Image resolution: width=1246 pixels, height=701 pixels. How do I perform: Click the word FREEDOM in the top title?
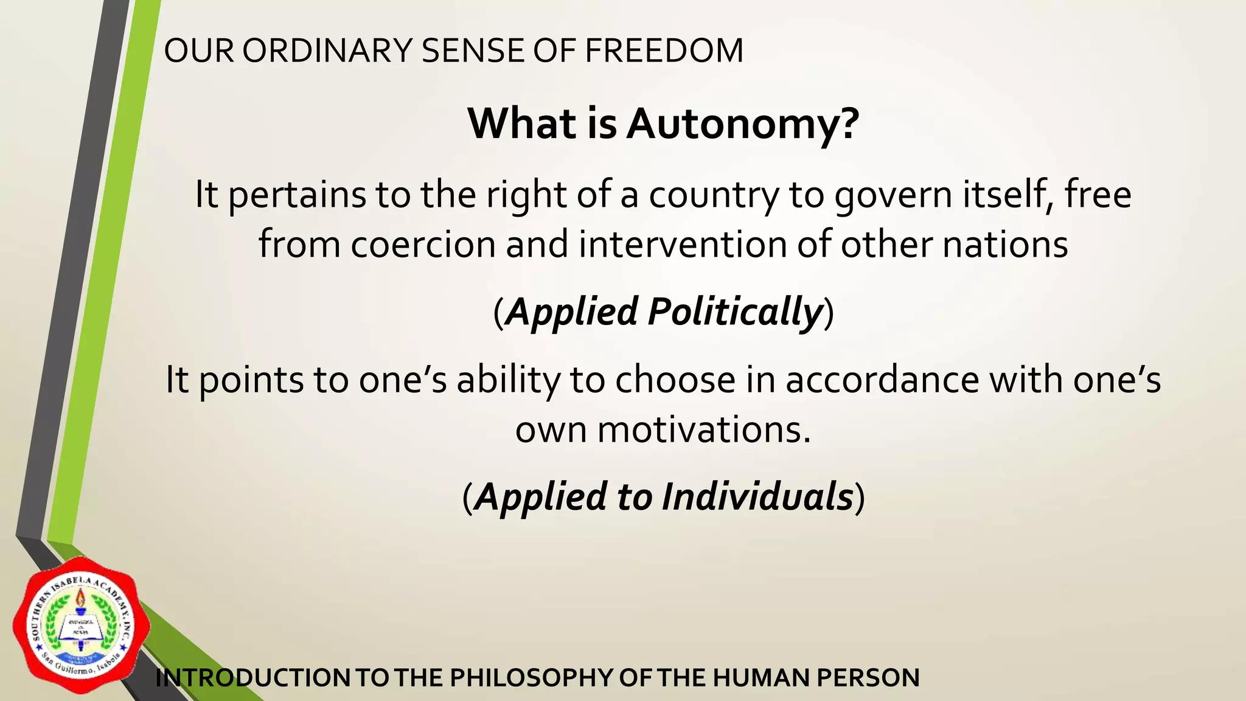[x=664, y=51]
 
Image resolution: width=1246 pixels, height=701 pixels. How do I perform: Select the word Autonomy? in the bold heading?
[x=743, y=124]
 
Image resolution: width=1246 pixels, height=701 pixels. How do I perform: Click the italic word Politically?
[x=735, y=312]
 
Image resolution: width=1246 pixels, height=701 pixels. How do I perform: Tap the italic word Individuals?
[x=757, y=497]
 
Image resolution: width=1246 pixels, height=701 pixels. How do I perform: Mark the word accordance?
[x=882, y=380]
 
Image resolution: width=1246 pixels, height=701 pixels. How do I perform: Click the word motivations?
[x=704, y=430]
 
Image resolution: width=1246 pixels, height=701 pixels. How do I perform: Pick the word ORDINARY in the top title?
[x=327, y=51]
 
